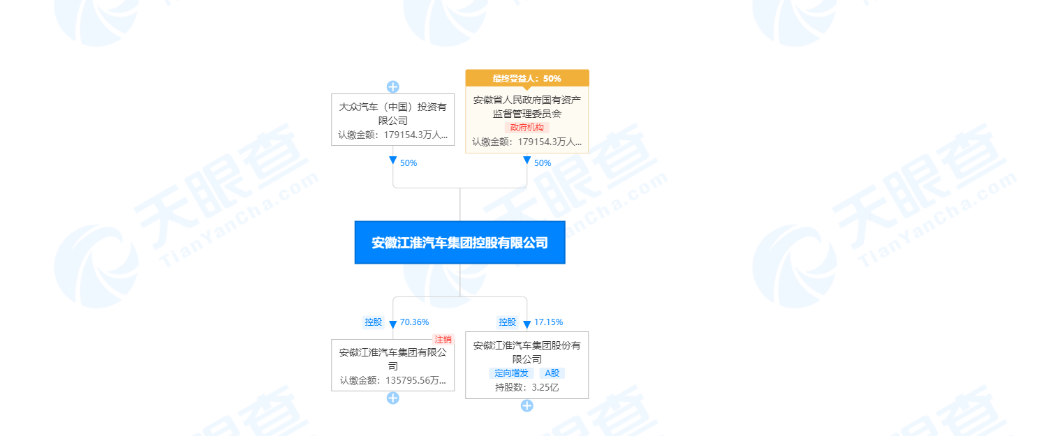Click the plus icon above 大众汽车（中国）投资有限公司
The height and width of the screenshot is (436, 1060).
pos(393,87)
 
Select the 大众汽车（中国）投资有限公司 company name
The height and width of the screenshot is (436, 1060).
pos(392,114)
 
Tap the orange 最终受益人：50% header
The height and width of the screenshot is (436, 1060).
pos(527,78)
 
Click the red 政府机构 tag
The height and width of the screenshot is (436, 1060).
pos(527,128)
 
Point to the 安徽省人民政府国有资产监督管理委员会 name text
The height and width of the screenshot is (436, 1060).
pos(527,106)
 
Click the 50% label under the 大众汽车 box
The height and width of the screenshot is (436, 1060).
pos(408,163)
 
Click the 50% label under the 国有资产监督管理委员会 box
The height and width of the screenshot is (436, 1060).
pos(543,163)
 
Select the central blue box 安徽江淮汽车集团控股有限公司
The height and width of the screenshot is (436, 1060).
pos(459,243)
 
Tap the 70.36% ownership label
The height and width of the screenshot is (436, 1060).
pos(414,322)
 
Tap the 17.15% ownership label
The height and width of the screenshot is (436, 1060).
pos(548,322)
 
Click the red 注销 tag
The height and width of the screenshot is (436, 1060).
pos(443,339)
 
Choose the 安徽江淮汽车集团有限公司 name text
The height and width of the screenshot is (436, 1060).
pos(392,359)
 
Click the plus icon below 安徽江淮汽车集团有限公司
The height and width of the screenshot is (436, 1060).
pos(393,398)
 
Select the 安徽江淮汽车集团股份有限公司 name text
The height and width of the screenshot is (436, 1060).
pos(527,352)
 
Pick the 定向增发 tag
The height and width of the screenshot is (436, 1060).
pos(511,373)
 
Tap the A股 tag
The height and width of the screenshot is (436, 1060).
pos(552,373)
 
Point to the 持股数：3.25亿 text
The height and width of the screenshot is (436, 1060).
pos(527,387)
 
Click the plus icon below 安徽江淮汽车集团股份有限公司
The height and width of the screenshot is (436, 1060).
pos(527,405)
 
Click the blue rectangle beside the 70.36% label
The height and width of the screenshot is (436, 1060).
pos(373,322)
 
